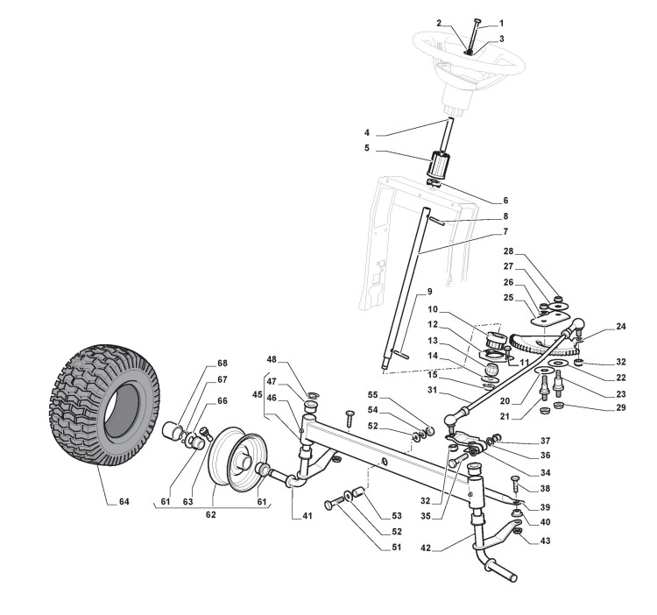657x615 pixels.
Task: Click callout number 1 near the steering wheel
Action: (502, 23)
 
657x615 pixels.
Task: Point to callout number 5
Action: (368, 150)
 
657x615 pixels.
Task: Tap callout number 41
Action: (307, 516)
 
